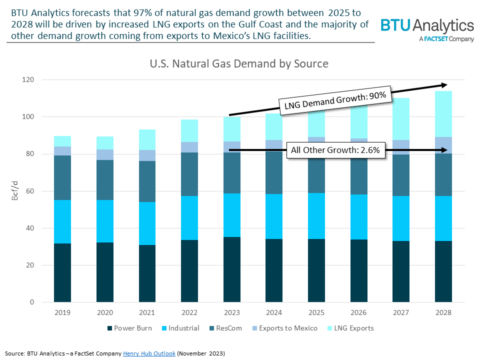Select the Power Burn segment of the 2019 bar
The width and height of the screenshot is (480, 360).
[x=62, y=272]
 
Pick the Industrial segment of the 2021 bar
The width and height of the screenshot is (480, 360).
[x=147, y=223]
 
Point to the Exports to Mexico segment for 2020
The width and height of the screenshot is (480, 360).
[x=105, y=154]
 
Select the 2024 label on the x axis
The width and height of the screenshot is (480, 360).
[x=274, y=312]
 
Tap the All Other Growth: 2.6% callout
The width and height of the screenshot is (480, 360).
[x=335, y=149]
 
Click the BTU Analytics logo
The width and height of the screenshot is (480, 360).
[x=427, y=29]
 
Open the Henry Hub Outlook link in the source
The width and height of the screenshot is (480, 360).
[x=149, y=353]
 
